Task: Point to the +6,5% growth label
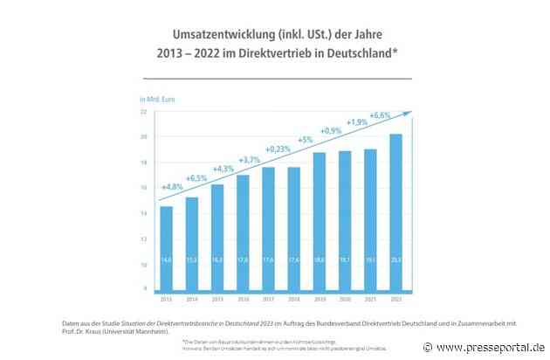click(196, 177)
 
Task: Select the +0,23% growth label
click(278, 149)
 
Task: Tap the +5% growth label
click(305, 140)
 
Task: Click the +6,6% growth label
click(381, 115)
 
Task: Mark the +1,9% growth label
click(356, 122)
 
